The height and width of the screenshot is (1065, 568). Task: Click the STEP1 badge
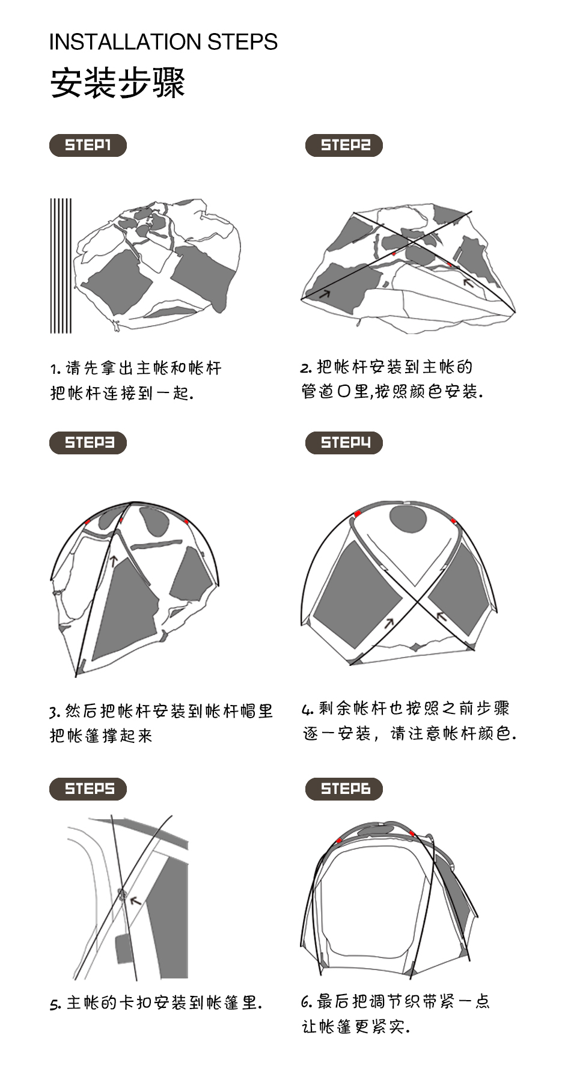tap(88, 145)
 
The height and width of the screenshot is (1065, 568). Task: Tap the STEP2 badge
tap(344, 145)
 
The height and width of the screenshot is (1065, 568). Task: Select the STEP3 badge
tap(88, 443)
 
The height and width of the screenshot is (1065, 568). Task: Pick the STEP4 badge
tap(344, 443)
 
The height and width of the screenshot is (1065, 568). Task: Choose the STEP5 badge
tap(88, 789)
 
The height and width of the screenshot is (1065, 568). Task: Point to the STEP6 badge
tap(344, 789)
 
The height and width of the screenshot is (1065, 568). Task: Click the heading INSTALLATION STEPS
tap(163, 42)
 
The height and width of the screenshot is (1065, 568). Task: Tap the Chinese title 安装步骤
tap(117, 83)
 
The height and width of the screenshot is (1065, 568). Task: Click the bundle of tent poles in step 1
tap(61, 266)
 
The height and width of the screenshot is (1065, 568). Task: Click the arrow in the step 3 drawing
tap(112, 561)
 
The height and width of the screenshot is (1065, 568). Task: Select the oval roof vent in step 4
tap(408, 519)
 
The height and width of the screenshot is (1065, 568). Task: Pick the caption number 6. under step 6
tap(307, 1002)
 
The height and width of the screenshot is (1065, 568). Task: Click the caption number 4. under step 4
tap(308, 710)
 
